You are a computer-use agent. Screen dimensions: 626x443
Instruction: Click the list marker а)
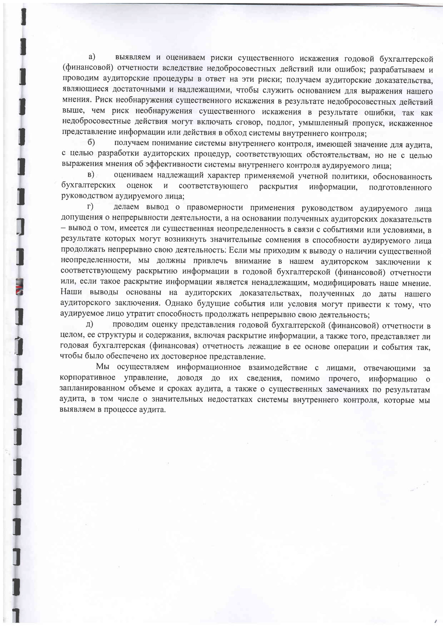(92, 57)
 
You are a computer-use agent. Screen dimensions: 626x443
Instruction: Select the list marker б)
(91, 143)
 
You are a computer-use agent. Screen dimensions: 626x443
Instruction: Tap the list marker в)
(91, 174)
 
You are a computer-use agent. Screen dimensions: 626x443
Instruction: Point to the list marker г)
(90, 207)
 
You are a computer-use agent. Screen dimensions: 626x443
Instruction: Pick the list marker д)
(89, 324)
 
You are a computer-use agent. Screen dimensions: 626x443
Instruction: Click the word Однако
(177, 303)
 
